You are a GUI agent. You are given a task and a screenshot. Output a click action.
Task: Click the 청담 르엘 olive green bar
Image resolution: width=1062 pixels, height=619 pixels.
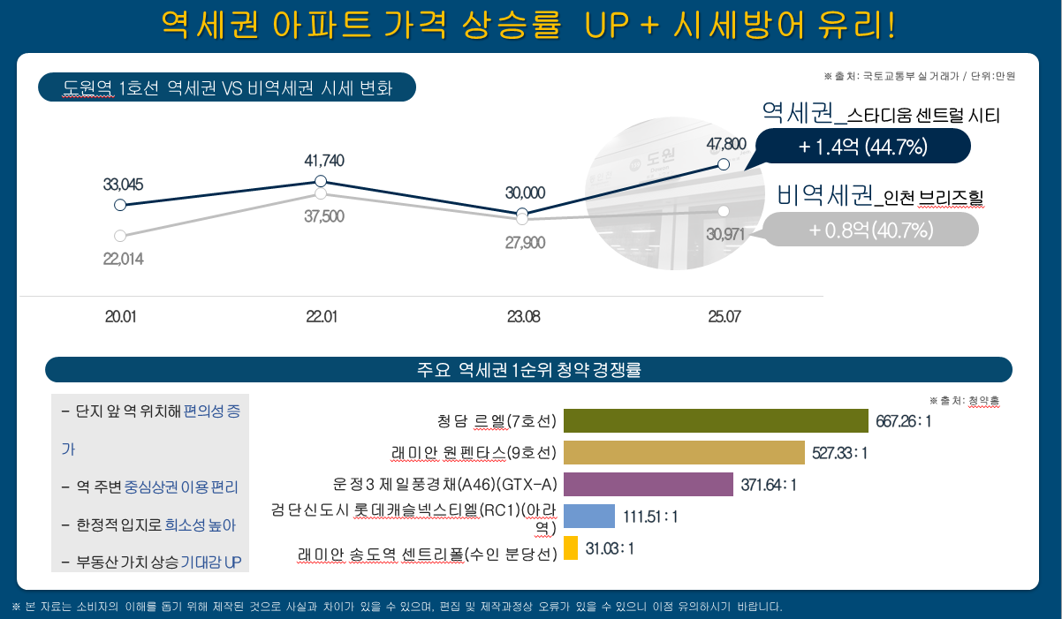pos(716,421)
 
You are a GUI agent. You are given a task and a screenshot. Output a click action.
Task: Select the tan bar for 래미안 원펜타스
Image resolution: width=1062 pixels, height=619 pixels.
pos(684,453)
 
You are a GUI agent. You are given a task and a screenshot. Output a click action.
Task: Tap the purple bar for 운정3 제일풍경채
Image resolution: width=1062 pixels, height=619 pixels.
pos(649,485)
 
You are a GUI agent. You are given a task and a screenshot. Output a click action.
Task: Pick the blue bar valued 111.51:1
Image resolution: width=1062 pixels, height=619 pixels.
pos(588,517)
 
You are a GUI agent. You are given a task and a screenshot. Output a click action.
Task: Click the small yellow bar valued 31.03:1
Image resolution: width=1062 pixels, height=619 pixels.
pos(570,548)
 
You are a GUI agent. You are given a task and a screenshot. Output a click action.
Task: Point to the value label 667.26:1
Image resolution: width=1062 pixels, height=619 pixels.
pos(904,421)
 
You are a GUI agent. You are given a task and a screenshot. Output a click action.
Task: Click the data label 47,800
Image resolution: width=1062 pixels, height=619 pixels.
pos(726,143)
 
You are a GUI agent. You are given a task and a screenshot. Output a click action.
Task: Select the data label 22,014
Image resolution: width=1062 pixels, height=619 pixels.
pos(123,259)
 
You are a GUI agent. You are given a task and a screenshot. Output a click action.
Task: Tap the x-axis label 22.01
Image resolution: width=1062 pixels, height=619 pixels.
pos(322,316)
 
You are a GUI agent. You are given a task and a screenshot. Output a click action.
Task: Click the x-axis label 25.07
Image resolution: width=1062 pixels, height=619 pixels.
pos(724,316)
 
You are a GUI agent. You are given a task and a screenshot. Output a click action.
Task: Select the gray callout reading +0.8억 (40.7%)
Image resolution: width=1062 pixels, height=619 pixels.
pos(870,230)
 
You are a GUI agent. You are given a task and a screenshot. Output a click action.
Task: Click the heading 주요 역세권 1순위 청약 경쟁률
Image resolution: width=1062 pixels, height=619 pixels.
pos(528,370)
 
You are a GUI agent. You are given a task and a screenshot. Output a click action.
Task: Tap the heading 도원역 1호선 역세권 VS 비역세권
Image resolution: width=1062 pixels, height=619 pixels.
pos(227,87)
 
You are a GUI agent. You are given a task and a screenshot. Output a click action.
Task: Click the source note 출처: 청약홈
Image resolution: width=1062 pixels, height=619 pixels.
pos(965,400)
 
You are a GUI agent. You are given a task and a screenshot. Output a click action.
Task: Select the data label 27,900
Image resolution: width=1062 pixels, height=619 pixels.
pos(525,243)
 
